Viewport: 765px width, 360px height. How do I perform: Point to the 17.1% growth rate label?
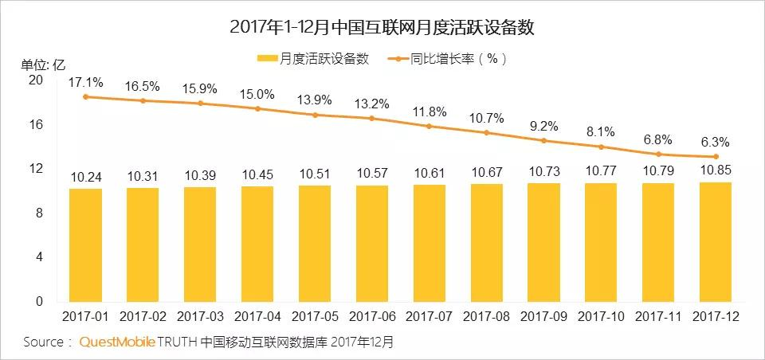pyautogui.click(x=84, y=82)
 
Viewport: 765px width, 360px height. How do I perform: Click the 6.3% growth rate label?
pyautogui.click(x=715, y=143)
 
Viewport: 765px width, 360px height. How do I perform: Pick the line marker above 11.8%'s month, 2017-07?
pyautogui.click(x=429, y=126)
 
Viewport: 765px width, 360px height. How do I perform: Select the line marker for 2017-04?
pyautogui.click(x=257, y=108)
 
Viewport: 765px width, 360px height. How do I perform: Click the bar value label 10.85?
pyautogui.click(x=715, y=170)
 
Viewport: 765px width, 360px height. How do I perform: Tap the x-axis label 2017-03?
pyautogui.click(x=199, y=317)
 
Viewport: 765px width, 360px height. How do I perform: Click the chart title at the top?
pyautogui.click(x=382, y=27)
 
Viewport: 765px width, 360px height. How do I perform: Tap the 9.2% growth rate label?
pyautogui.click(x=543, y=126)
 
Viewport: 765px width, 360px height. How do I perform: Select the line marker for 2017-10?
pyautogui.click(x=600, y=147)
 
